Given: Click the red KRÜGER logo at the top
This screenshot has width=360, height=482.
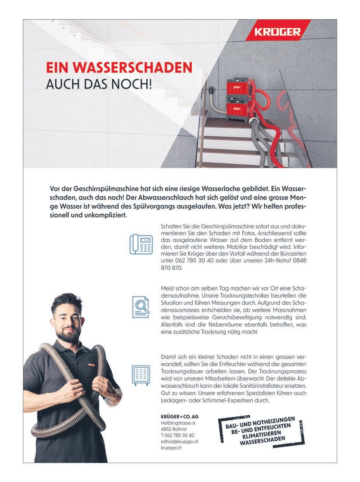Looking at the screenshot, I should click(278, 32).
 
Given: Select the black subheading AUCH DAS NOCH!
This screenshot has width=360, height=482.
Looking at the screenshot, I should click(99, 84).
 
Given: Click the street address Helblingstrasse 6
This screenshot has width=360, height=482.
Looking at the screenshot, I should click(178, 423).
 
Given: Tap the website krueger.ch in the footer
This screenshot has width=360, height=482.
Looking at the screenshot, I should click(171, 447).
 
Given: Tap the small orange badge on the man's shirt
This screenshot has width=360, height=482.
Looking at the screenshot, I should click(91, 365).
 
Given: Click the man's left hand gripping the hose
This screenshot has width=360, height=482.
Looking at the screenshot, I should click(104, 384).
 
